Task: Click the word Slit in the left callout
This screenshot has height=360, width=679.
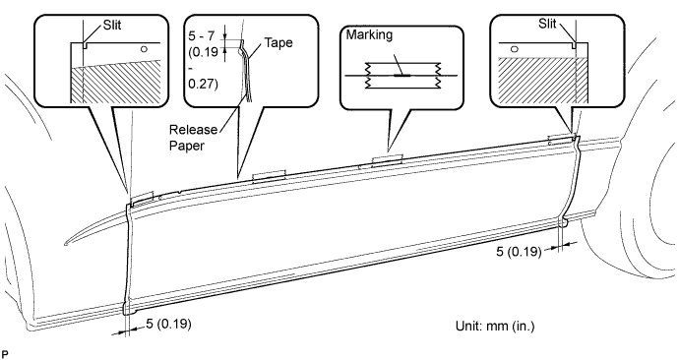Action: coord(112,26)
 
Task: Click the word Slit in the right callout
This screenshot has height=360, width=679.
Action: coord(547,24)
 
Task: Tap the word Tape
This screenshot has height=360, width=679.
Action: coord(278,43)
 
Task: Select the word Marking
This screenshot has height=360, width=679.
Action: coord(369,34)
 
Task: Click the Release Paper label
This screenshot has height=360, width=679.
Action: coord(193,138)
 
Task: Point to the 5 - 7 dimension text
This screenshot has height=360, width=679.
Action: coord(202,36)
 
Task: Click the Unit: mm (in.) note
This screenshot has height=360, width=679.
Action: coord(495,326)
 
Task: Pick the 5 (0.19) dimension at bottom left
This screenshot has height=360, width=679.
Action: coord(168,324)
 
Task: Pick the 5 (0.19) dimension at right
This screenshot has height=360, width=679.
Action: coord(519,252)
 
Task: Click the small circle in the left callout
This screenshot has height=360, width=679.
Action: coord(145,49)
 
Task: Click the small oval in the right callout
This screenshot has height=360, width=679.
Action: coord(514,49)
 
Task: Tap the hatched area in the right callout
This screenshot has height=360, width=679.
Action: coord(543,81)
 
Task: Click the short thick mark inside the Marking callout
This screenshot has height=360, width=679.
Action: coord(402,76)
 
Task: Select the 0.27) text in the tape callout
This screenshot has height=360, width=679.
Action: coord(203,84)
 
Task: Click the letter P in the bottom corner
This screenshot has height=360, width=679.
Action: coord(5,354)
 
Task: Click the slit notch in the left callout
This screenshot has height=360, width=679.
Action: coord(85,45)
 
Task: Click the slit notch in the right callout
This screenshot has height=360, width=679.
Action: coord(575,45)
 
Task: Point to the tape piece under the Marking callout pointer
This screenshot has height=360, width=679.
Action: coord(388,158)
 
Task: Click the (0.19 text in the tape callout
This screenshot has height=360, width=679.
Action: coord(203,52)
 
